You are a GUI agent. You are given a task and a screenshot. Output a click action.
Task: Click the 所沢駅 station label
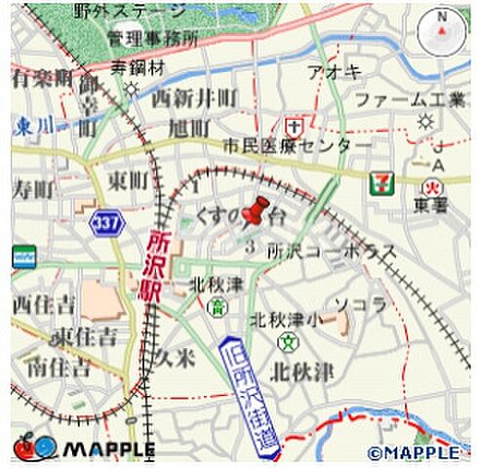click(157, 269)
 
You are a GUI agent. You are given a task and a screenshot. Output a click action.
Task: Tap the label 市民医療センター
click(297, 145)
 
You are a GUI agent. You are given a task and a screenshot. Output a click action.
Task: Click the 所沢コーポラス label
click(332, 251)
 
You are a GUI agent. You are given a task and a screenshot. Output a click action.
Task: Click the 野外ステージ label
click(129, 12)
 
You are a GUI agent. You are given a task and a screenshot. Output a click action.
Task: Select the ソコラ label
click(362, 304)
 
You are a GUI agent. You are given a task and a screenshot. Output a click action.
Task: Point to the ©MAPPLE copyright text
click(414, 452)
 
